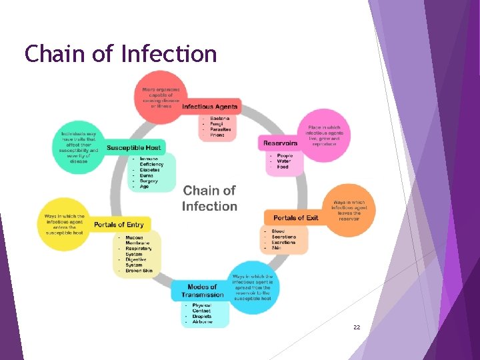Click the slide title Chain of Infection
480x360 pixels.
tap(121, 53)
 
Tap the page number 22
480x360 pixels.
tap(357, 327)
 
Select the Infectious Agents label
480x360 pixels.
tap(210, 107)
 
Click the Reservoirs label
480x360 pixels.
tap(281, 143)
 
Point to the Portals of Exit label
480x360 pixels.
tap(296, 217)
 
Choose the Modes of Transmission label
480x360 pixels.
tap(203, 291)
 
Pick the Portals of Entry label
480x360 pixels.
tap(118, 225)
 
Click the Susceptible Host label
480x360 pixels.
tap(134, 147)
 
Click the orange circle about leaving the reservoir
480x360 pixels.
tap(349, 210)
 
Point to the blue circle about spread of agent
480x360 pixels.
tap(251, 287)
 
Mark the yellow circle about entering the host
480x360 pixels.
tap(65, 224)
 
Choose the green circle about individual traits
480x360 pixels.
tap(79, 147)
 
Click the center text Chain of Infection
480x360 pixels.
tap(209, 199)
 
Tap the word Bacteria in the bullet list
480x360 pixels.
tap(220, 119)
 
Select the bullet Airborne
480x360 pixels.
tap(203, 322)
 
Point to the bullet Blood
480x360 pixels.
tap(278, 231)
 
